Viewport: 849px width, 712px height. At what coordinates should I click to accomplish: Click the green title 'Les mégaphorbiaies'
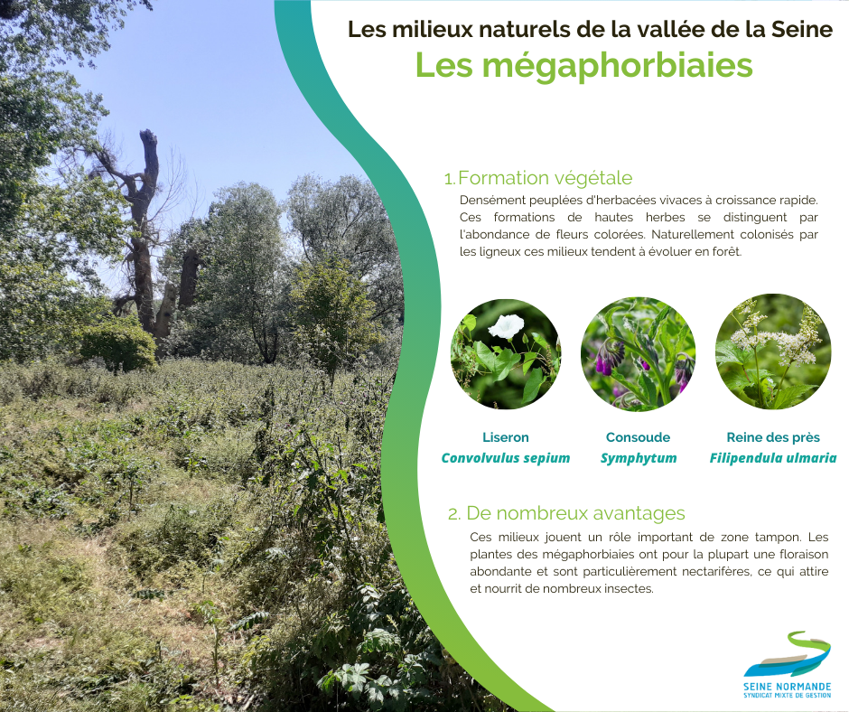583,67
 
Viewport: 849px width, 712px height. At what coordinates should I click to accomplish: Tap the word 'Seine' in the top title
802,29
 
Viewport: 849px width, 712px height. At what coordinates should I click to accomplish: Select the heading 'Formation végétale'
546,178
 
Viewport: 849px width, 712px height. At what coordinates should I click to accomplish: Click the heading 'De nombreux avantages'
575,512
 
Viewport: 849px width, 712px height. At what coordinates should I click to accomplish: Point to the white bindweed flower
507,326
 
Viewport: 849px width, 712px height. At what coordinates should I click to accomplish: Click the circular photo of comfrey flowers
638,354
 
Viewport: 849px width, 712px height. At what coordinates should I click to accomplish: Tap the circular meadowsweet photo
772,351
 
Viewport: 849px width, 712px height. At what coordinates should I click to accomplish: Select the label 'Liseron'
506,437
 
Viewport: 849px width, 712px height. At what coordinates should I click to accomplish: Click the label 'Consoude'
638,437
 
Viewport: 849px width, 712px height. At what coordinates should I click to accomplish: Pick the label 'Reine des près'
773,437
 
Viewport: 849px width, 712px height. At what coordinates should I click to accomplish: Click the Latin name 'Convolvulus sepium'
506,458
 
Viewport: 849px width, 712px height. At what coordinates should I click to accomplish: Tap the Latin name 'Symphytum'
639,458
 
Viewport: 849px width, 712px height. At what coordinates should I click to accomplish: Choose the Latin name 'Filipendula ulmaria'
773,458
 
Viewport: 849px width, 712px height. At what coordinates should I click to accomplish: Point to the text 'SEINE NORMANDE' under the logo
788,687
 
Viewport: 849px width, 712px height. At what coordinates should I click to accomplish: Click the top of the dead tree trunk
148,133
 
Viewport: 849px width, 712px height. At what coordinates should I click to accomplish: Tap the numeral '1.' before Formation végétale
450,179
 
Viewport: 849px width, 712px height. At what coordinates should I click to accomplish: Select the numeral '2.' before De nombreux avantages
454,514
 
